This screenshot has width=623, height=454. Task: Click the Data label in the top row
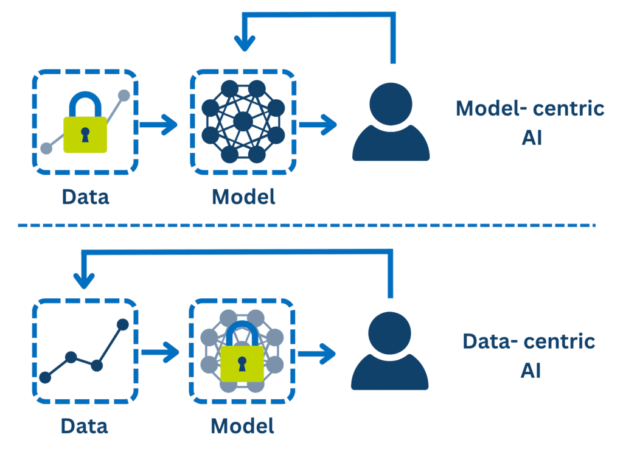[85, 197]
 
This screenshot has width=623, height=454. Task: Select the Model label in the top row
[243, 197]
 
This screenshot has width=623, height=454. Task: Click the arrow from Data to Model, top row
[159, 125]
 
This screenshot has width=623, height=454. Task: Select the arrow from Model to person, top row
[318, 125]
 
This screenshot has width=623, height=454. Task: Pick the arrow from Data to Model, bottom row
[160, 352]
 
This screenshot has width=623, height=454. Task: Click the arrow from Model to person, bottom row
[318, 352]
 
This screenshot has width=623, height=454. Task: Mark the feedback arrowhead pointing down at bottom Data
[85, 281]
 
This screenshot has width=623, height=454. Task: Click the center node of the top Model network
[243, 120]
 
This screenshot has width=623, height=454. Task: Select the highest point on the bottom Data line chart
[122, 324]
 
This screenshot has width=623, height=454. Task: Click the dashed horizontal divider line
[304, 225]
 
